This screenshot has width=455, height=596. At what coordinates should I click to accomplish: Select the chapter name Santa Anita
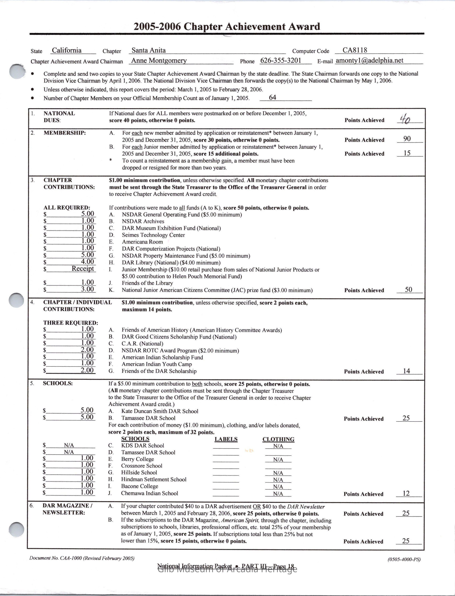point(148,50)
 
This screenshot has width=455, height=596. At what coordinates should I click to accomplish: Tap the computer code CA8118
point(355,50)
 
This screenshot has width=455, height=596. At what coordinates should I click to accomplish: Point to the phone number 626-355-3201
point(280,61)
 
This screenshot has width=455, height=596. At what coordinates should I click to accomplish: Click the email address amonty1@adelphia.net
point(369,61)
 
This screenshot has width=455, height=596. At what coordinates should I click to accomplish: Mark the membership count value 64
point(272,97)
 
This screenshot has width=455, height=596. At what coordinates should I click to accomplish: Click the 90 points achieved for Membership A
point(407,139)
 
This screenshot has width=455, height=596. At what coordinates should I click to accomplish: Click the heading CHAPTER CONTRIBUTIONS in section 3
point(69,184)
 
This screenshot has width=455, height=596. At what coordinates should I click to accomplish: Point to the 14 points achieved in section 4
point(406,371)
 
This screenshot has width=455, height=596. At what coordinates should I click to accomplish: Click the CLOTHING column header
point(278,439)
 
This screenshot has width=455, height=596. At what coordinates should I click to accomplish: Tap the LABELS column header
point(226,439)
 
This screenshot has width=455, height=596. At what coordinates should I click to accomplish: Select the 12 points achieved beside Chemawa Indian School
point(406,493)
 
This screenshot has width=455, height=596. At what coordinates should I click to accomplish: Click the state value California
point(67,50)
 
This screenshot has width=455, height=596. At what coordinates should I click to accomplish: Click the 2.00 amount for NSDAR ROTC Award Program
point(87,350)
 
